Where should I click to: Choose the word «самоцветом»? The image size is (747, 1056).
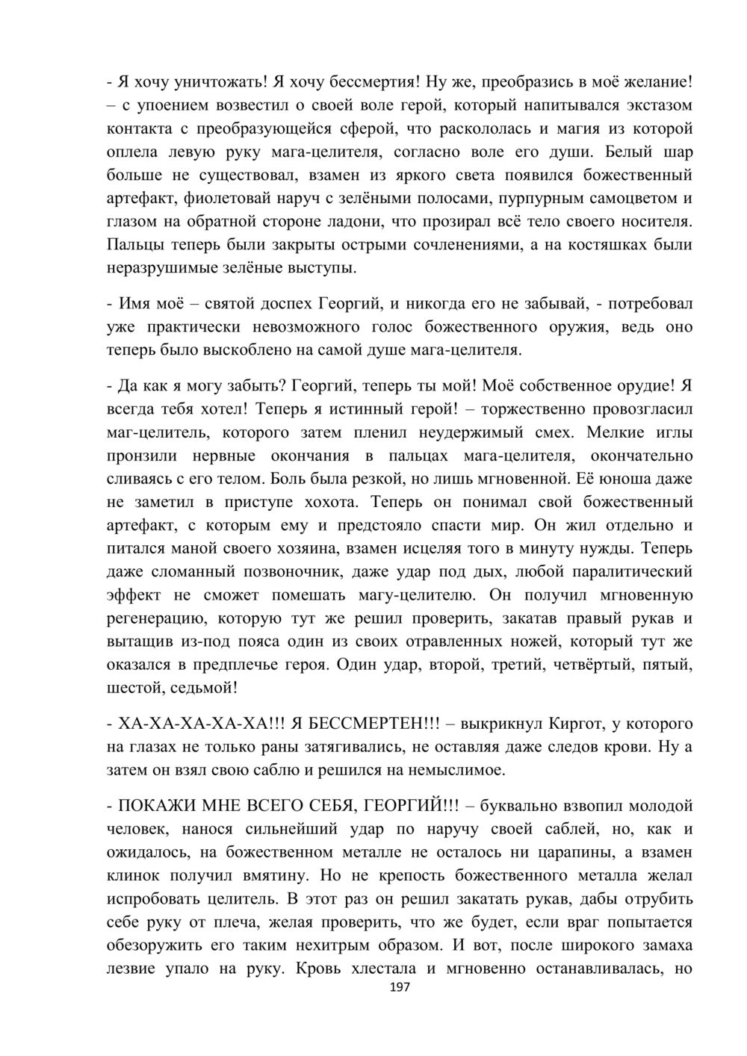[627, 199]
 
